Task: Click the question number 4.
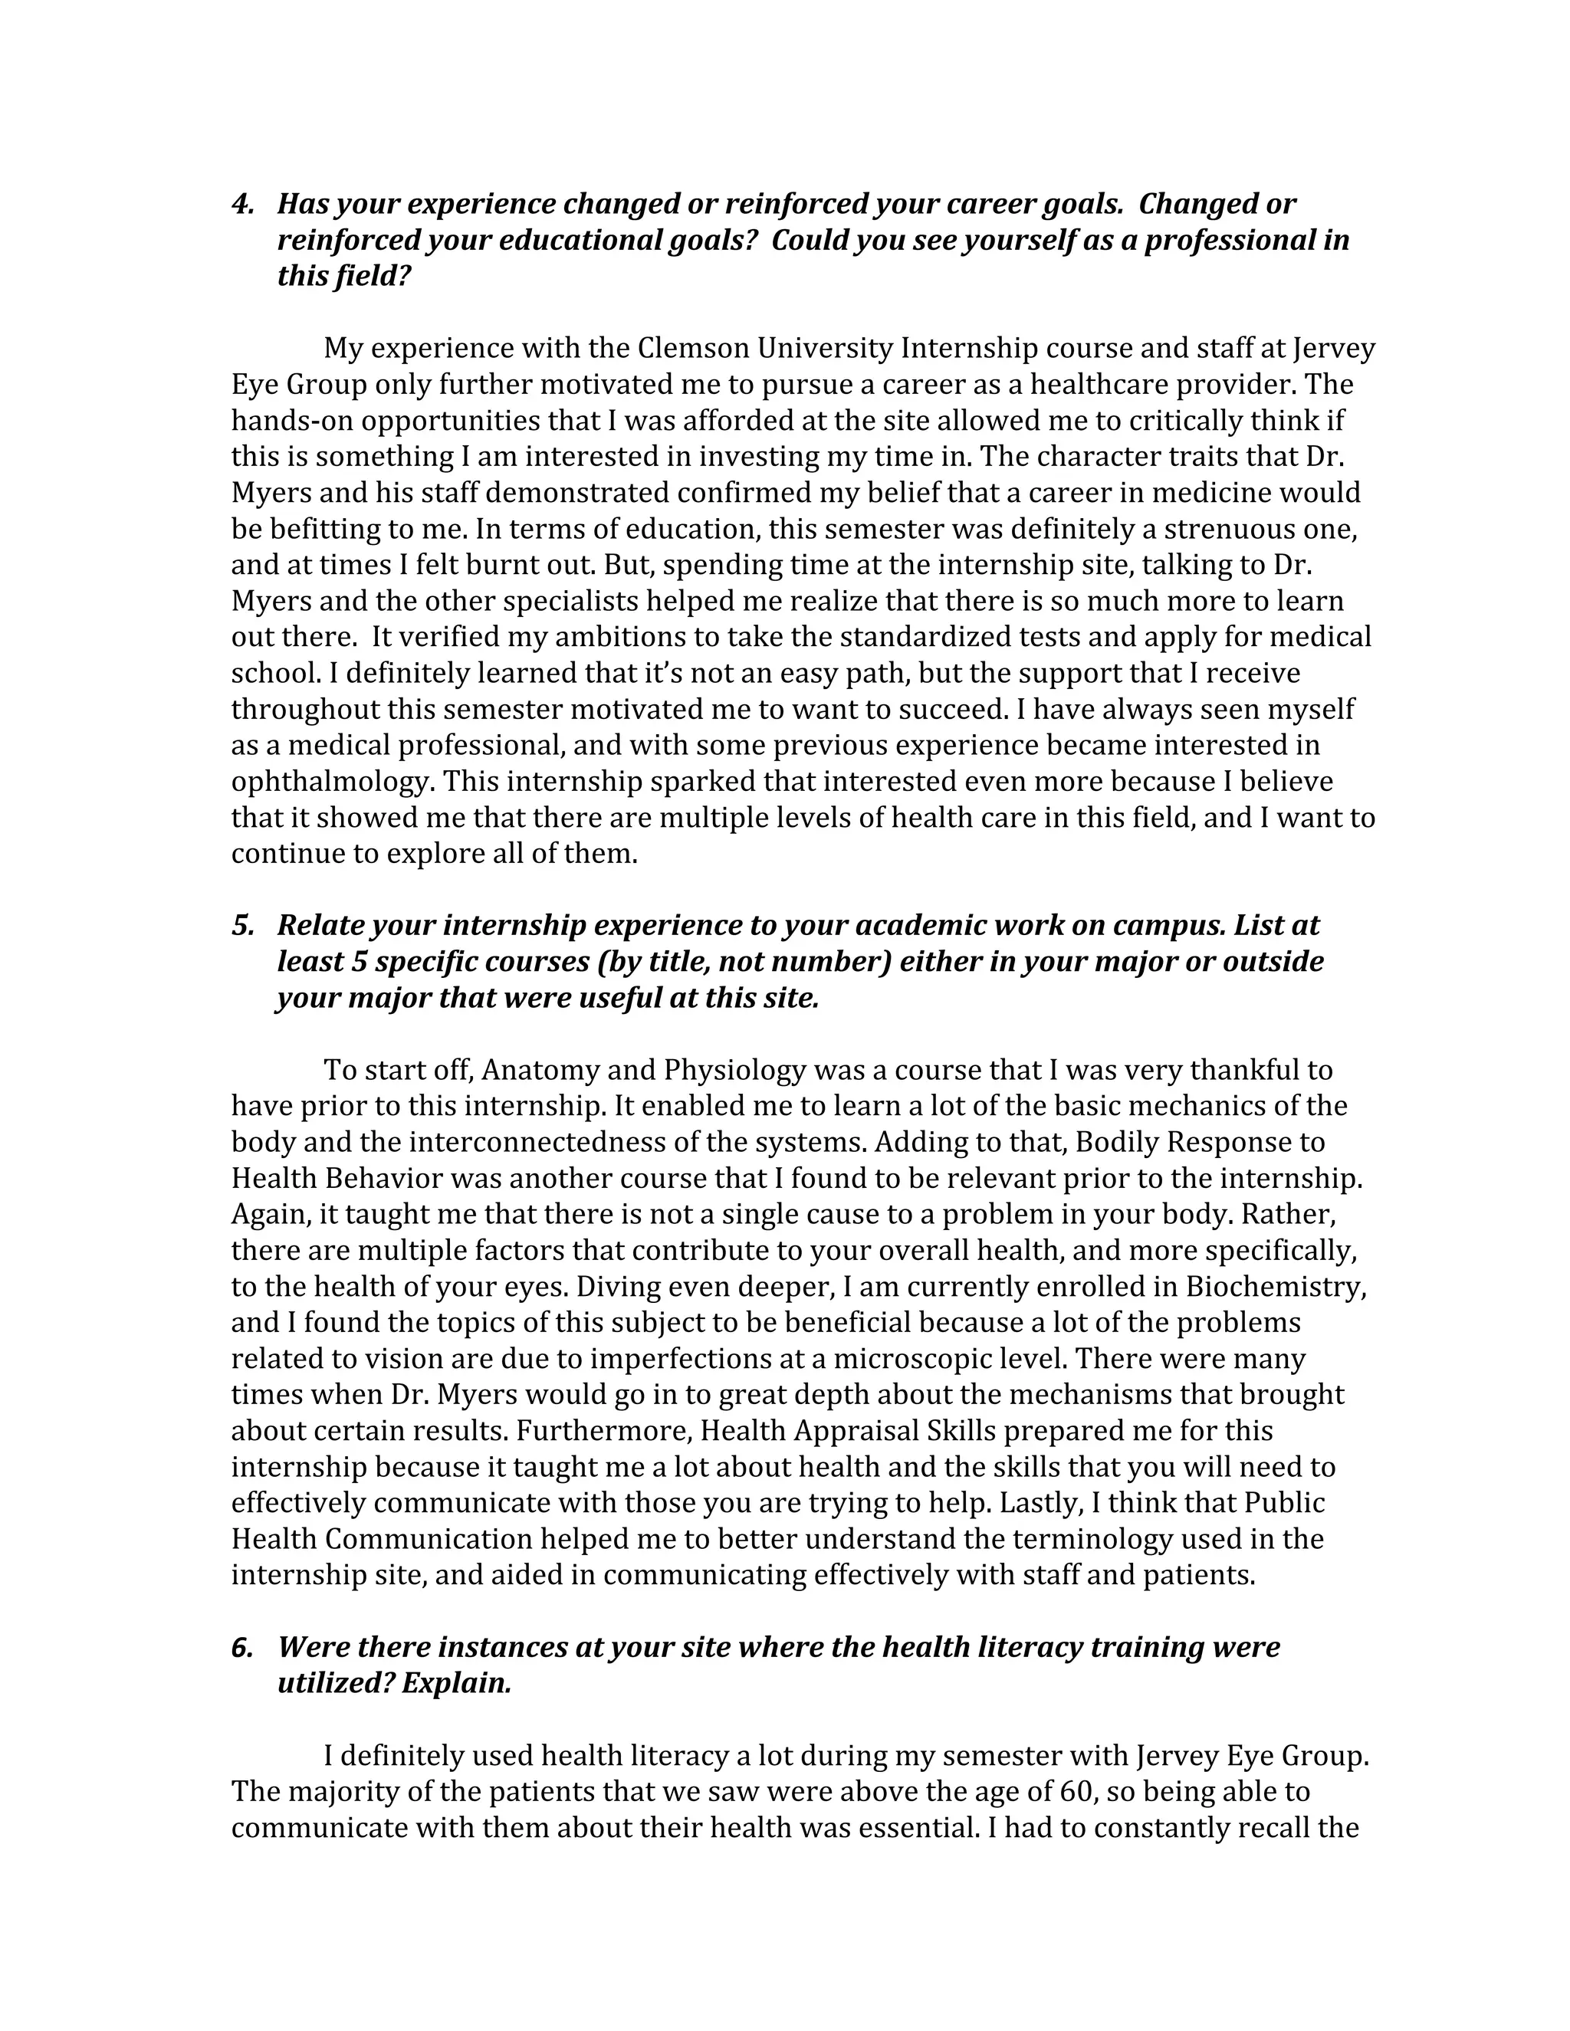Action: [241, 204]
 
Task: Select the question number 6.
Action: [241, 1647]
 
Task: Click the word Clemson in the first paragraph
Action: [693, 349]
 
